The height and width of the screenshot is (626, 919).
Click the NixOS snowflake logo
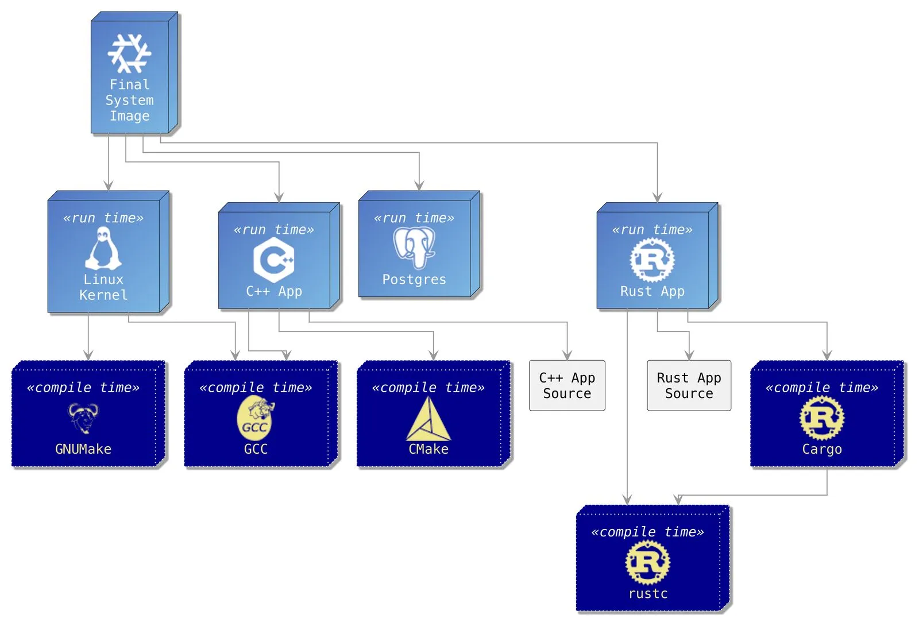129,53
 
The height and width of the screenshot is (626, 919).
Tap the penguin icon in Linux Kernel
103,248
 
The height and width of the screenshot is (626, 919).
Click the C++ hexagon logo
274,260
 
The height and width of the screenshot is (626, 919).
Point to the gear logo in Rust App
652,260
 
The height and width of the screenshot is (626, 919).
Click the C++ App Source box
567,385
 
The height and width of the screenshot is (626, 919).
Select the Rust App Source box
689,385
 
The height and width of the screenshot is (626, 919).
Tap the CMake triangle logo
428,420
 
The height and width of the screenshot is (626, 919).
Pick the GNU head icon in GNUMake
83,418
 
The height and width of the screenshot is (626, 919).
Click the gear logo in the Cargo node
822,418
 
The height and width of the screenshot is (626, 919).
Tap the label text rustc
648,593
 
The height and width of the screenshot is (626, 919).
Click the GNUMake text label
83,449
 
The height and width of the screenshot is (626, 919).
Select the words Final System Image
129,100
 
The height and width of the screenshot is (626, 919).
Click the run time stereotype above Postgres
414,218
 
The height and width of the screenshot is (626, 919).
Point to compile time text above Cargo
822,388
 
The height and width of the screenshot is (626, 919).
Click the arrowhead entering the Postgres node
419,186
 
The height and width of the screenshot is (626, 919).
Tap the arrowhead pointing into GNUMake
88,355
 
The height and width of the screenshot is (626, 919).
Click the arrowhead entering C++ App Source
567,355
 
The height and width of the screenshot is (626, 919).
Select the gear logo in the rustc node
648,562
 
